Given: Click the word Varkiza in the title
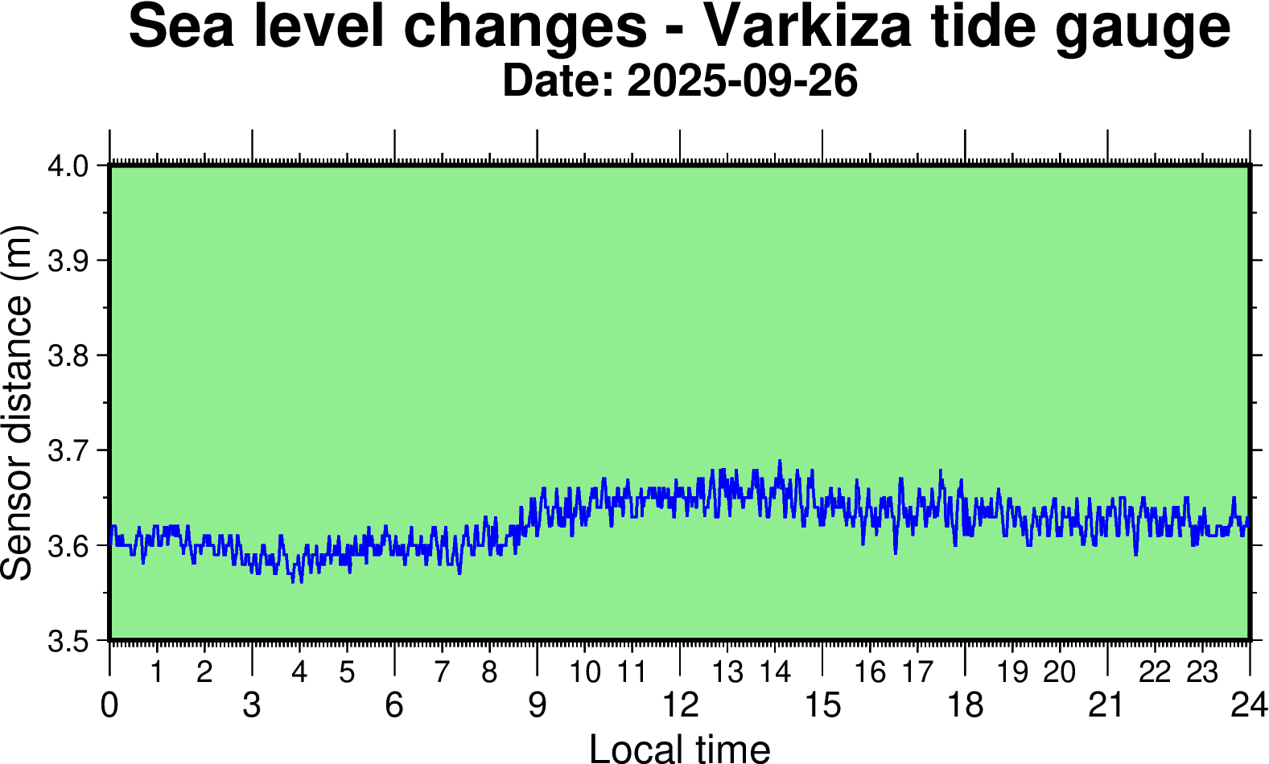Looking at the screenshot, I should tap(809, 27).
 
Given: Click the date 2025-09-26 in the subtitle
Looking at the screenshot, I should tap(742, 81).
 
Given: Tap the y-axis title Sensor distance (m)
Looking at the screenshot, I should tap(18, 402).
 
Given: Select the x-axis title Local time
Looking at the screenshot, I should tap(680, 748).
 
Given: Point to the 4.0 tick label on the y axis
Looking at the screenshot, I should tap(68, 166).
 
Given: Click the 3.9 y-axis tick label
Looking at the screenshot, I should tap(68, 261).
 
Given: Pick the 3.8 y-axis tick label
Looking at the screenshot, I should tap(68, 356).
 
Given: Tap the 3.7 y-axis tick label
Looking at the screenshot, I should tap(68, 451).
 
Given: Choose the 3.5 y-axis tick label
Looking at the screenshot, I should tap(68, 641).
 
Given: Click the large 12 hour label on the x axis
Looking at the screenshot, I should tap(680, 705).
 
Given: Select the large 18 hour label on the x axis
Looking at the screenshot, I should tap(965, 705).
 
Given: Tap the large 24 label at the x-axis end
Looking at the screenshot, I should tap(1249, 705).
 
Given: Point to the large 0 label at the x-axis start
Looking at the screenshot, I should tap(109, 705).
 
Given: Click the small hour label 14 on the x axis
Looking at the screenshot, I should tap(776, 672).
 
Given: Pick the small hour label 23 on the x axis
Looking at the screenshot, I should tap(1202, 672).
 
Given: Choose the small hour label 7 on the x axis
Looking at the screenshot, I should tap(442, 672).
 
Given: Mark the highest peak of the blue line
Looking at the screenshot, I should tap(779, 461).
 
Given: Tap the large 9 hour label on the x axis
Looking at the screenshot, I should tap(537, 705).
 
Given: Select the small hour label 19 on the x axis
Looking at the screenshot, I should tap(1012, 672).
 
